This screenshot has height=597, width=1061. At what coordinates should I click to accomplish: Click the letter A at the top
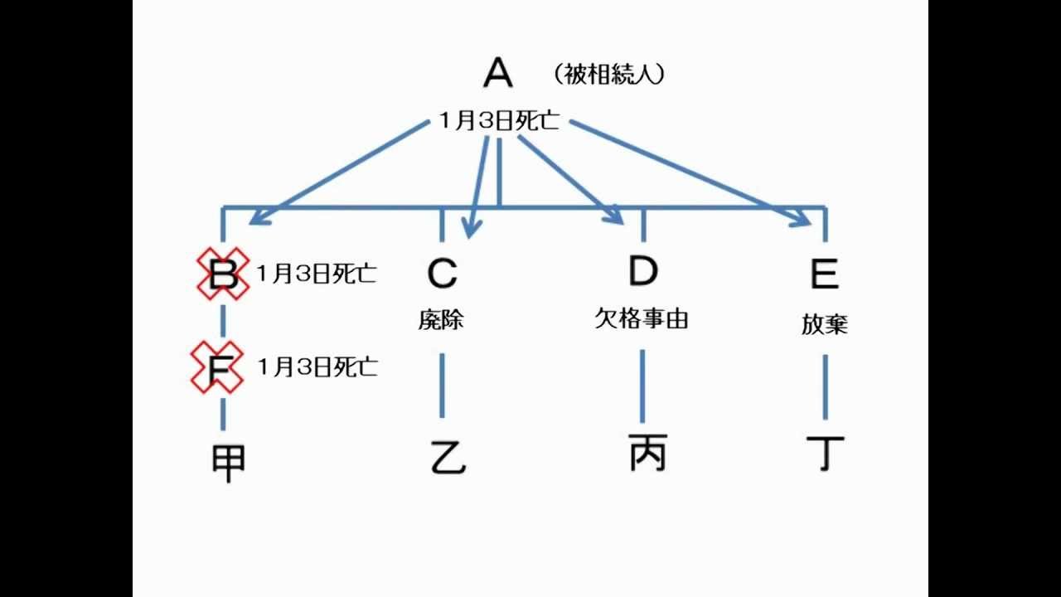coord(498,73)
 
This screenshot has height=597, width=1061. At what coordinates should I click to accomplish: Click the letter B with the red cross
coord(222,274)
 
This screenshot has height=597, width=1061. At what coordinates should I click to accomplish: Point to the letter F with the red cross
coord(218,366)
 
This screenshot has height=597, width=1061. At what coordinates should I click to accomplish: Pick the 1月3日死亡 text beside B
coord(317,274)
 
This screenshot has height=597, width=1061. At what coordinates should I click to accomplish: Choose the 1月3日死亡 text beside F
coord(317,366)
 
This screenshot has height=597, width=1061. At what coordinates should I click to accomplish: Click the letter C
coord(442,273)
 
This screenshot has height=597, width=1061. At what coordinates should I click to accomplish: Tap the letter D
coord(642,271)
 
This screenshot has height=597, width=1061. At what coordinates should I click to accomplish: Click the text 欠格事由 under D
coord(642,318)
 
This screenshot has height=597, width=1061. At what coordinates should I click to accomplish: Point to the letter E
coord(824,273)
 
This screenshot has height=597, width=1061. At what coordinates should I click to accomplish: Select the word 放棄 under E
coord(824,323)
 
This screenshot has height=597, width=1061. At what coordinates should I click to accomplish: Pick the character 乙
coord(448,457)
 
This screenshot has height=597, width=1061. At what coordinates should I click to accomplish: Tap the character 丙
coord(647,453)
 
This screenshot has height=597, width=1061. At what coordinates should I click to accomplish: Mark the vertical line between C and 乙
coord(441,385)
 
